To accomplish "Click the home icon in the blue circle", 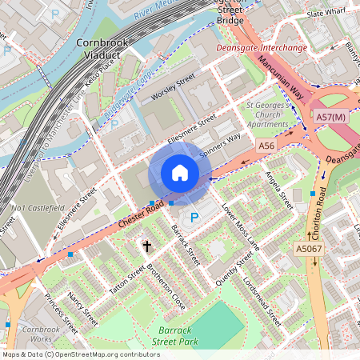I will (x=180, y=173).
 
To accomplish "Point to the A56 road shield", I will (x=266, y=146).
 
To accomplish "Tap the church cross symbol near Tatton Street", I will (x=146, y=245).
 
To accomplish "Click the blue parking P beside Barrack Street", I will (x=193, y=218).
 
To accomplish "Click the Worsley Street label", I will (x=174, y=88).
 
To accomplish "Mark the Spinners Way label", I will (x=219, y=145).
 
